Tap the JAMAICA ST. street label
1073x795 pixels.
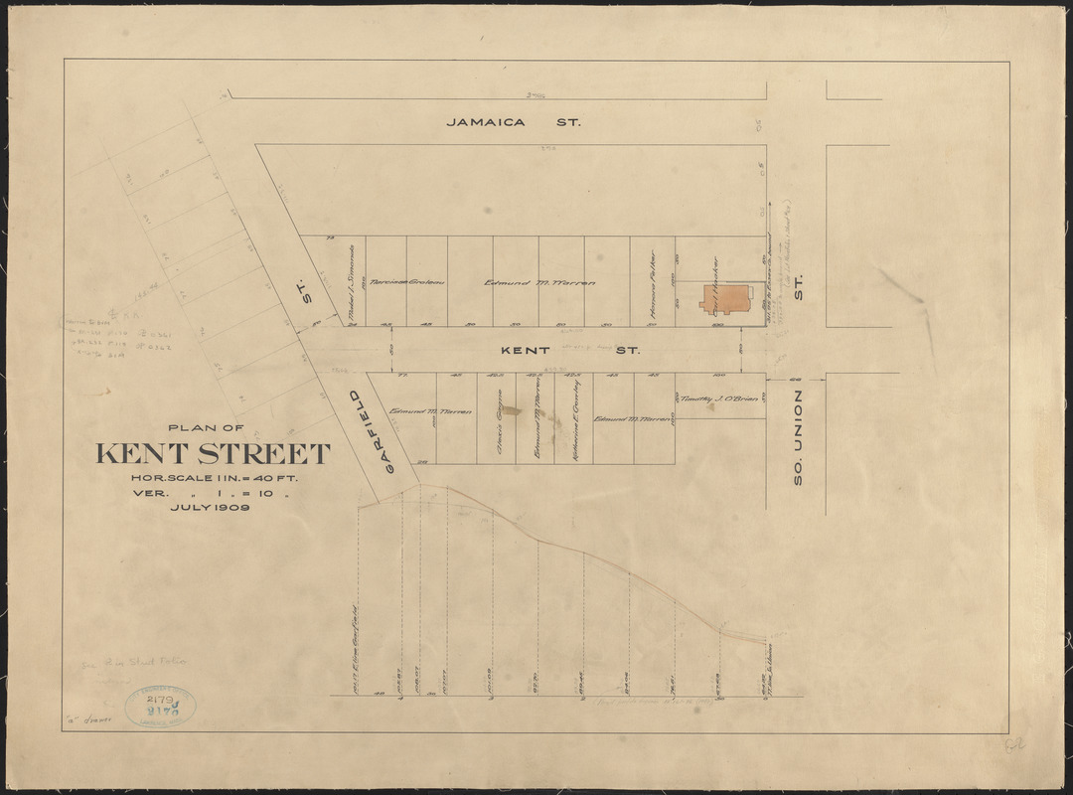point(513,122)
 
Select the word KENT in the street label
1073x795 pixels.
point(523,351)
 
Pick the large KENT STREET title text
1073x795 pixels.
point(213,455)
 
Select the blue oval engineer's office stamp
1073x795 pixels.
point(160,706)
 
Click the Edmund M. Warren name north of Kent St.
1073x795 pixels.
point(539,282)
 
